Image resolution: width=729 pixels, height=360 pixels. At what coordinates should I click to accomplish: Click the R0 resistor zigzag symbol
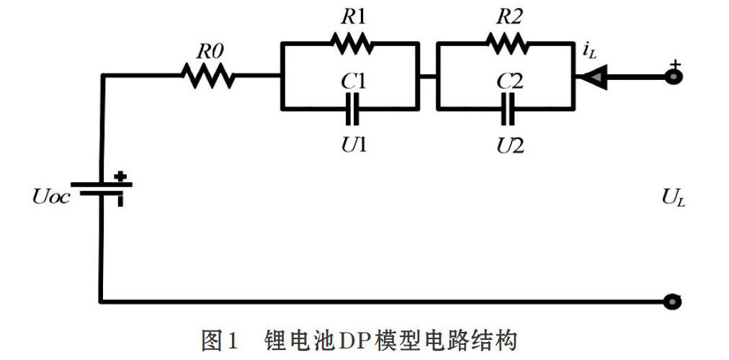point(207,76)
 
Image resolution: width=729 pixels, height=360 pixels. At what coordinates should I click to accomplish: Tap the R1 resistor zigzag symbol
point(352,44)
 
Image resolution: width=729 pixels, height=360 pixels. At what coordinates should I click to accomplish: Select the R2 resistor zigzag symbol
point(507,44)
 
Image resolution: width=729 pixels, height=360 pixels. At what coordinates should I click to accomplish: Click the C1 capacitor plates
point(352,109)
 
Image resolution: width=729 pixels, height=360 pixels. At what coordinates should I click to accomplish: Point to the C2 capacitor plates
point(508,109)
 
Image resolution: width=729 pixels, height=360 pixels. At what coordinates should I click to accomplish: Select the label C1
point(353,82)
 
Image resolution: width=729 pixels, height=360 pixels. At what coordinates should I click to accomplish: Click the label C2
point(509,82)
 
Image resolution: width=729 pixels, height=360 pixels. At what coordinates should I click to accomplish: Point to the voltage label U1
point(353,146)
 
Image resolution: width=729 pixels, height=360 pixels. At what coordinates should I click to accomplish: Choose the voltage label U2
point(510,146)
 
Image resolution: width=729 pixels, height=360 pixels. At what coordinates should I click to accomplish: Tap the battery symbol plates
point(102,189)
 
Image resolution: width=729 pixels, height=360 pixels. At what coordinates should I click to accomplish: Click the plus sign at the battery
point(120,176)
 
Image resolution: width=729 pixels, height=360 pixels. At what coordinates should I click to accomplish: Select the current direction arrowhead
point(587,76)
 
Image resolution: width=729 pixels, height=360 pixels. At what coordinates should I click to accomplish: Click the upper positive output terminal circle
point(673,76)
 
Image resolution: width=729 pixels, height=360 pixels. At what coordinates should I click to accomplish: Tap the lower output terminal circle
point(673,302)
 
